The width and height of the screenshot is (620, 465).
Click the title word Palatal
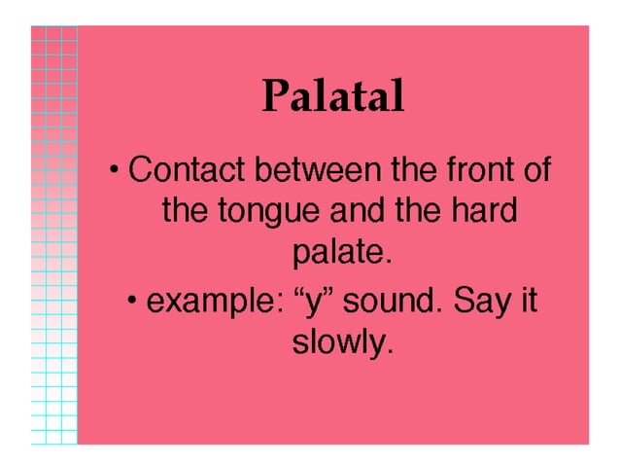(331, 96)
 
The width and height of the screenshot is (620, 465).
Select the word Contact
(186, 170)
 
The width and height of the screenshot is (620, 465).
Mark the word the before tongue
(182, 211)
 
